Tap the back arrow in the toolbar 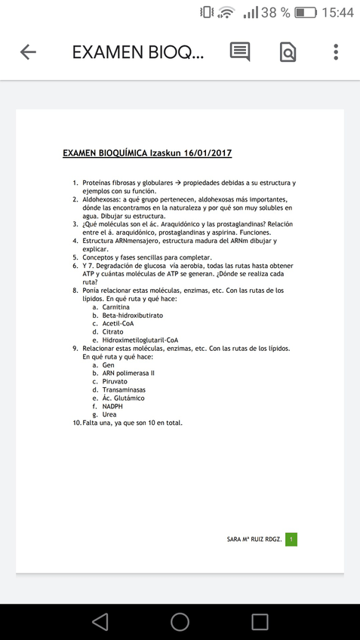[28, 52]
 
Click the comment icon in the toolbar [240, 52]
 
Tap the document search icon [288, 52]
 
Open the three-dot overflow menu [336, 52]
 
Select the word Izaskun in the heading [165, 153]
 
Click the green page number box [291, 539]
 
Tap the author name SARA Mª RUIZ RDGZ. [254, 540]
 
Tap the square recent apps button [260, 621]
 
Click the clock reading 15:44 [337, 13]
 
